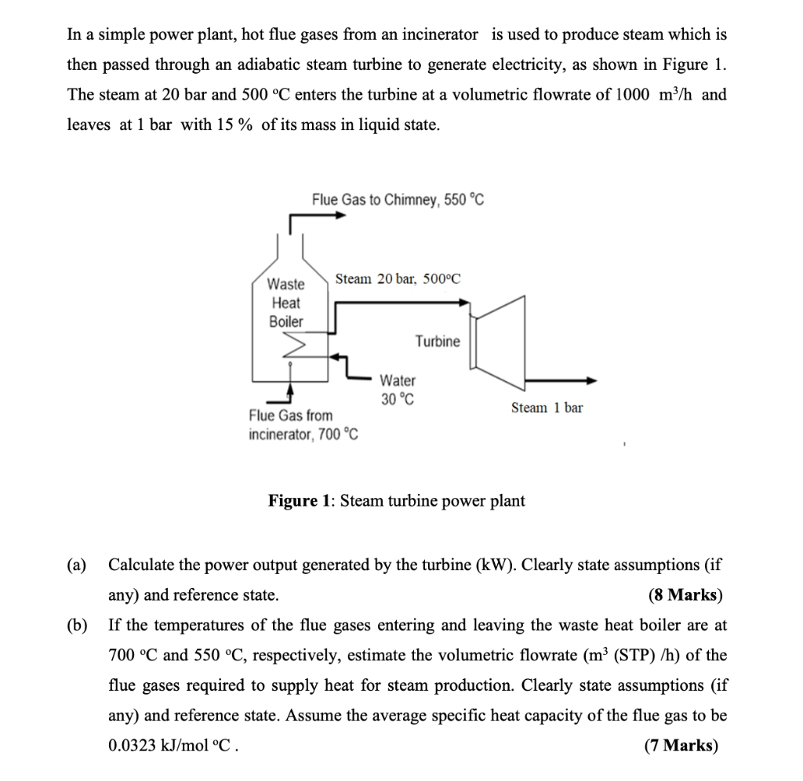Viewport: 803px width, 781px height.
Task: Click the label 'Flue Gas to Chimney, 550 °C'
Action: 398,199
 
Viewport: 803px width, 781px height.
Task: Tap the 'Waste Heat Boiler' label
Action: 285,303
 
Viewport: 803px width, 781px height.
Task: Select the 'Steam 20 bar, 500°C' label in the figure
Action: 398,279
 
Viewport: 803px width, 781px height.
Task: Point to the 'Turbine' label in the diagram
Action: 438,341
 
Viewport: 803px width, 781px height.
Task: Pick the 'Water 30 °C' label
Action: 398,389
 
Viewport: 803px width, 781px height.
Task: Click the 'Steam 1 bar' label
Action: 547,408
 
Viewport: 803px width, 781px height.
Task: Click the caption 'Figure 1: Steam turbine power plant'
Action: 397,500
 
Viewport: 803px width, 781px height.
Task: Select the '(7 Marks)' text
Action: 681,746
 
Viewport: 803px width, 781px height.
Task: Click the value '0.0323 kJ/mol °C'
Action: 170,746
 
